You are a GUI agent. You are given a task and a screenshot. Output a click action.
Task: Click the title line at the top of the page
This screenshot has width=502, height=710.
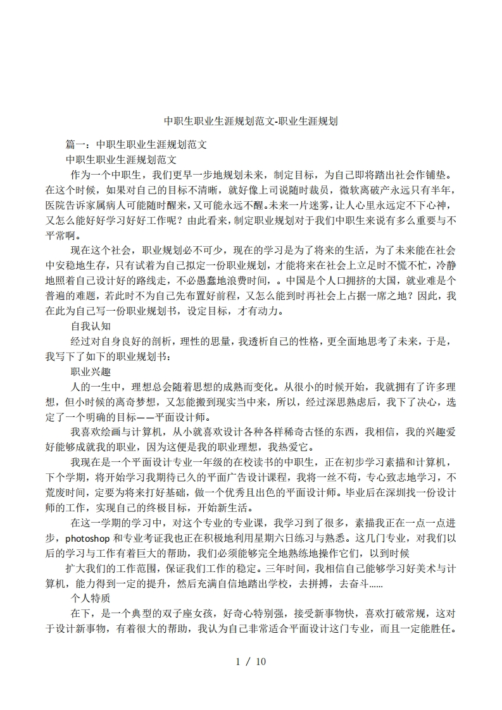(x=251, y=120)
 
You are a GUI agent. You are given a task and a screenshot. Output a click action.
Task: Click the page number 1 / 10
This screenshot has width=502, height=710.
(x=251, y=662)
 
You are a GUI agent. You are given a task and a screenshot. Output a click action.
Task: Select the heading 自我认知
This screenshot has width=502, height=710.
(x=91, y=327)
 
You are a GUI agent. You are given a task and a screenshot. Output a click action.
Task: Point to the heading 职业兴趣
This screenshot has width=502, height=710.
(x=91, y=371)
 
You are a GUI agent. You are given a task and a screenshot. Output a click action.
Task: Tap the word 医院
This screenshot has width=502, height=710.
(x=56, y=204)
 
